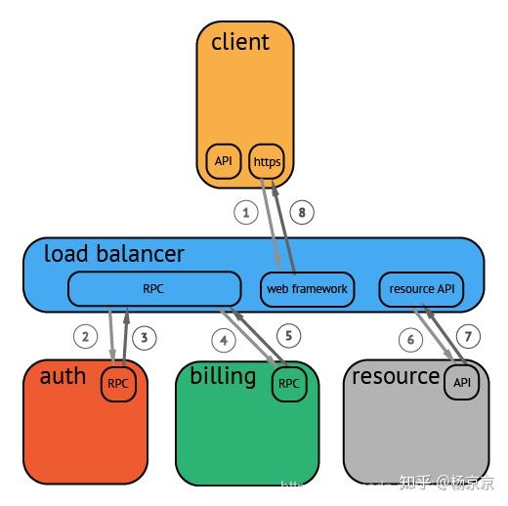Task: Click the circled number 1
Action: pyautogui.click(x=246, y=211)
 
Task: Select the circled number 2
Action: pyautogui.click(x=87, y=338)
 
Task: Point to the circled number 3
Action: pyautogui.click(x=144, y=338)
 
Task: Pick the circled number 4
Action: pyautogui.click(x=225, y=340)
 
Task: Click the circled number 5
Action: pyautogui.click(x=288, y=335)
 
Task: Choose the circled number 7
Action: pyautogui.click(x=468, y=337)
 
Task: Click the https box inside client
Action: pyautogui.click(x=266, y=161)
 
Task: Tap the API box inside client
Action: pyautogui.click(x=224, y=160)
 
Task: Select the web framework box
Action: pyautogui.click(x=307, y=288)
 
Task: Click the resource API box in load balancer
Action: pyautogui.click(x=420, y=288)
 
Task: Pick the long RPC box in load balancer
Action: pyautogui.click(x=154, y=288)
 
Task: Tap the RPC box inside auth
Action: pyautogui.click(x=117, y=384)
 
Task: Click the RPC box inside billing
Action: pyautogui.click(x=288, y=384)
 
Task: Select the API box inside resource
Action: pyautogui.click(x=462, y=383)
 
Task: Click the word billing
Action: pyautogui.click(x=223, y=376)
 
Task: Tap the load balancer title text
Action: pyautogui.click(x=114, y=255)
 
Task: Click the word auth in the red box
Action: pyautogui.click(x=63, y=376)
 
